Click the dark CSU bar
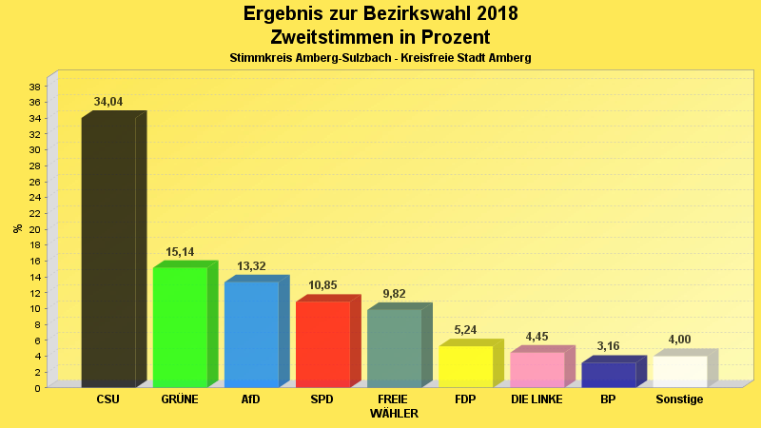[x=108, y=252]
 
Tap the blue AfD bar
[x=251, y=334]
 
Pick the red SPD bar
[x=322, y=343]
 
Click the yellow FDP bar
[x=465, y=366]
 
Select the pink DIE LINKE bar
[x=537, y=369]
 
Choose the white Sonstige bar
[x=679, y=371]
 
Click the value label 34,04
[x=108, y=102]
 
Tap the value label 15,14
[x=180, y=252]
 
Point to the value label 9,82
[x=394, y=294]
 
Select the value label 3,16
[x=608, y=347]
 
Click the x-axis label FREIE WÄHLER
[x=394, y=406]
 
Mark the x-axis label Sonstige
[x=679, y=399]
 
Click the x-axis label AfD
[x=251, y=399]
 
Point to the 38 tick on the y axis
[x=35, y=87]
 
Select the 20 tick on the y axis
[x=35, y=229]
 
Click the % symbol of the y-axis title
[x=17, y=228]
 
